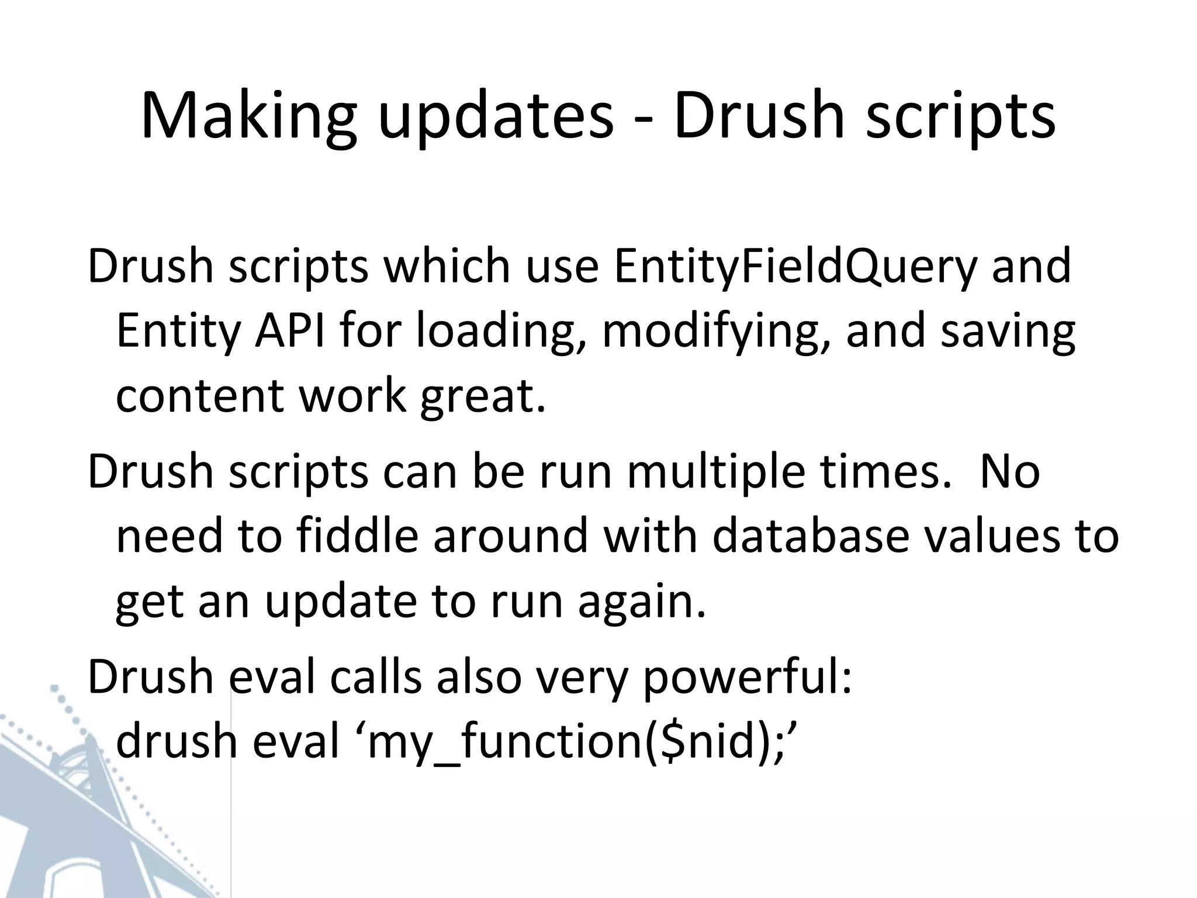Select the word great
(x=483, y=396)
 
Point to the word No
(x=1009, y=472)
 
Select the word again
(x=642, y=602)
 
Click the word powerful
(x=747, y=678)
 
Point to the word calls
(x=375, y=678)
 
